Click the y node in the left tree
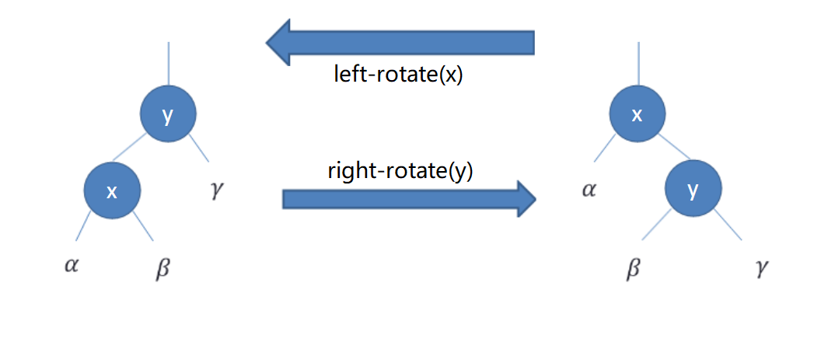coord(168,115)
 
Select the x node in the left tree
coord(112,191)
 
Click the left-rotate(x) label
coord(398,75)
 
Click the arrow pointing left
coord(400,42)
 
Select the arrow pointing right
coord(409,198)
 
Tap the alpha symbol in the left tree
coord(72,265)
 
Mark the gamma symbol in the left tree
coord(217,189)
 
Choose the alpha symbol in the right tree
coord(589,189)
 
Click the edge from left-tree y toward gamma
coord(199,149)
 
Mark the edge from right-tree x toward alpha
coord(606,149)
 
